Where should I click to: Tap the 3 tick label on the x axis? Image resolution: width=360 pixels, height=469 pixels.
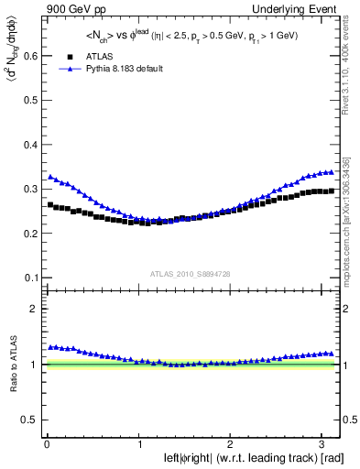coord(323,443)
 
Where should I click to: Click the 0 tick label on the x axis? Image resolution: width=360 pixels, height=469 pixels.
coord(46,443)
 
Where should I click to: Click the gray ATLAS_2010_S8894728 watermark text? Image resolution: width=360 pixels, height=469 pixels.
coord(191,274)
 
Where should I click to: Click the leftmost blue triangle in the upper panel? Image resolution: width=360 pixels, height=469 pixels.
coord(50,176)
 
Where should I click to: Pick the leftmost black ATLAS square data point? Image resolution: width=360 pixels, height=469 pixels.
coord(50,205)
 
